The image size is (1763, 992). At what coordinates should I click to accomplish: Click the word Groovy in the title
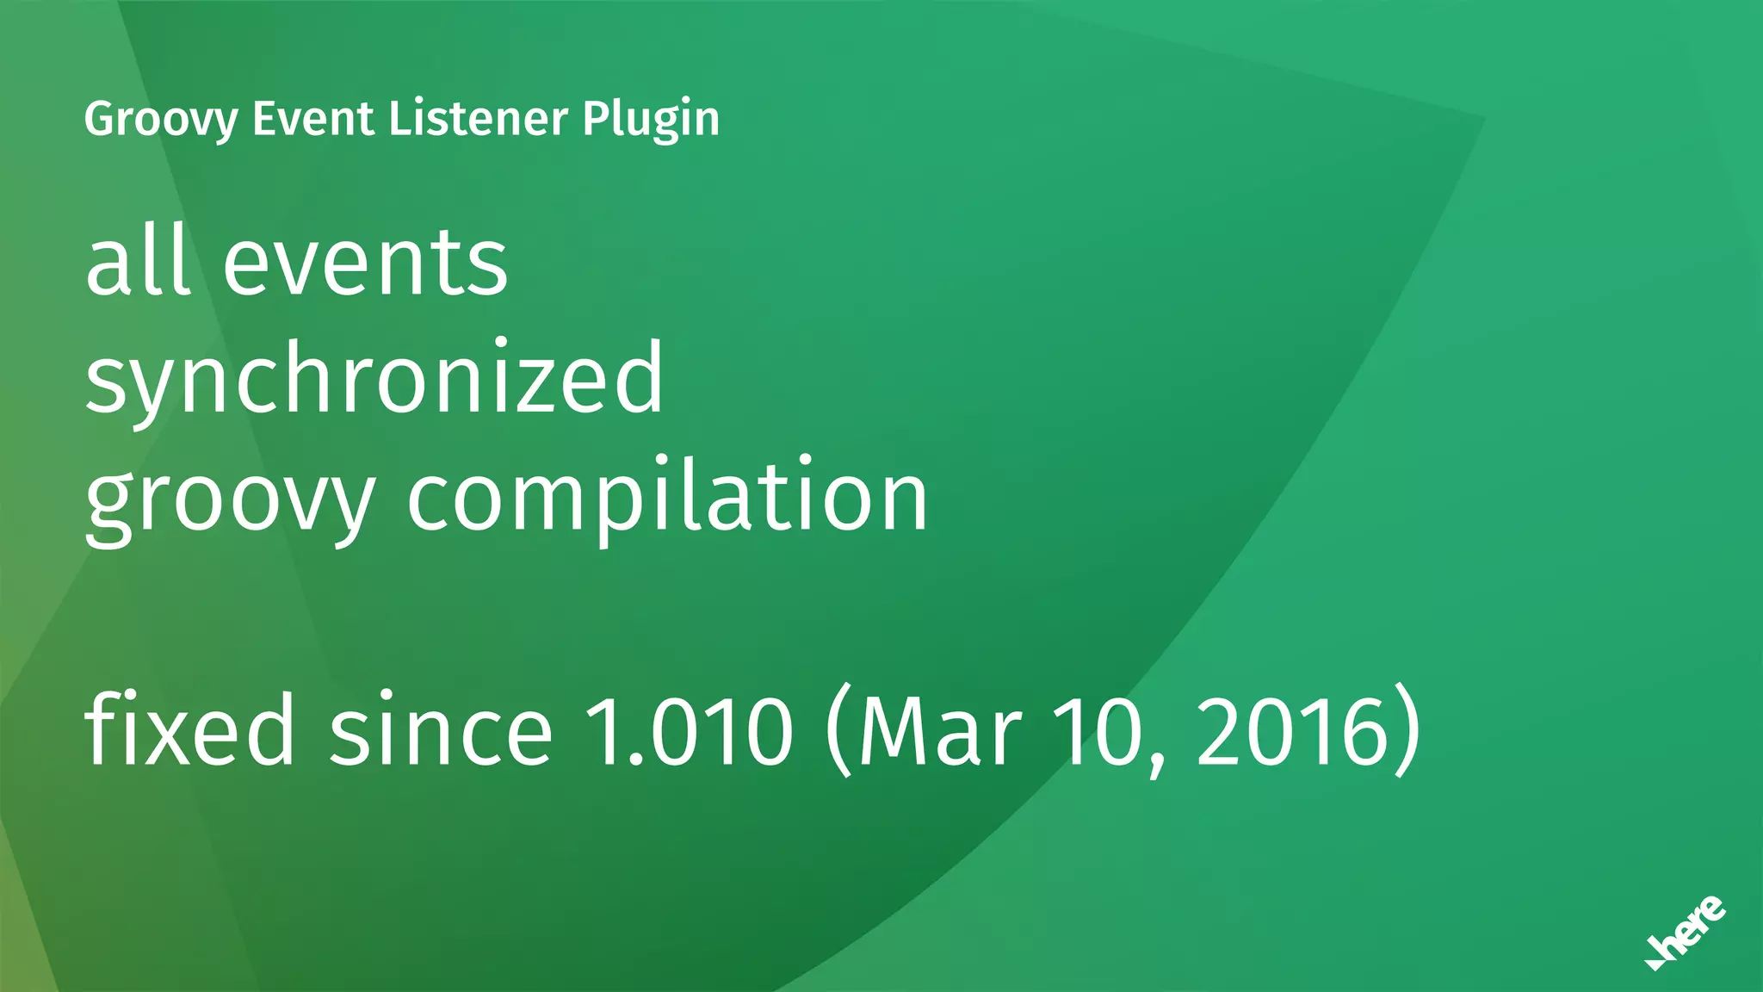coord(160,119)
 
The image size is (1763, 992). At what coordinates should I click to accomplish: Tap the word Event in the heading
coord(313,119)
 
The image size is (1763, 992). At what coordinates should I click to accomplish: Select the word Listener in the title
coord(479,119)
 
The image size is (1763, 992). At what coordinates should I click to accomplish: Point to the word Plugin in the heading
coord(651,119)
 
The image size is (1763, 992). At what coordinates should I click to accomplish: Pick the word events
coord(366,263)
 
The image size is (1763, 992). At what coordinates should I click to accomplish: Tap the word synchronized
coord(374,379)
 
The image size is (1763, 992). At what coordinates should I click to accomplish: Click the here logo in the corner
coord(1685,933)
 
